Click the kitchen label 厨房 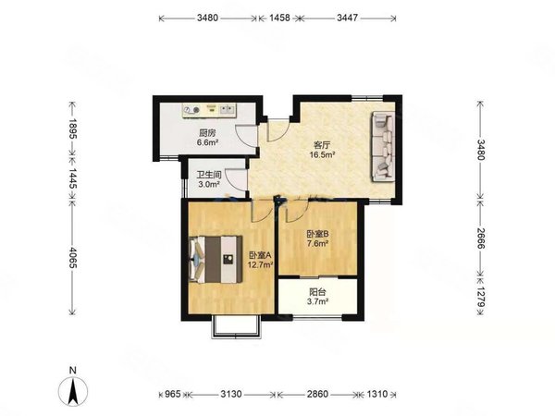pyautogui.click(x=207, y=133)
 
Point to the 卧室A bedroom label pyautogui.click(x=260, y=255)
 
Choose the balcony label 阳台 pyautogui.click(x=317, y=292)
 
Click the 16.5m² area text pyautogui.click(x=322, y=154)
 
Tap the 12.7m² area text pyautogui.click(x=260, y=264)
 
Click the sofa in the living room pyautogui.click(x=382, y=146)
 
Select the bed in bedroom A pyautogui.click(x=216, y=259)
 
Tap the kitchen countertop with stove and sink pyautogui.click(x=209, y=110)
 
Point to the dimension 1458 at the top pyautogui.click(x=279, y=18)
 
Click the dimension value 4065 pyautogui.click(x=73, y=258)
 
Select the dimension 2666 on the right pyautogui.click(x=480, y=239)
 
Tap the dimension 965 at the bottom pyautogui.click(x=173, y=394)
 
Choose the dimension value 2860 pyautogui.click(x=317, y=394)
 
